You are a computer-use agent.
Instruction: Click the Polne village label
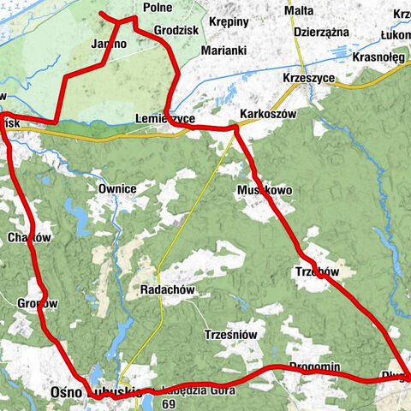point(158,7)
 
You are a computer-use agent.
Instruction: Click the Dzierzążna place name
point(321,30)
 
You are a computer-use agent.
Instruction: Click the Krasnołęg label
point(378,57)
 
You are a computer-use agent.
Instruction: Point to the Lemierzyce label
point(165,118)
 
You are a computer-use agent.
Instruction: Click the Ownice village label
point(117,188)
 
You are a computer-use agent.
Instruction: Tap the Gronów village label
point(38,303)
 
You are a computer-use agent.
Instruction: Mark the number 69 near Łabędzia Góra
point(168,403)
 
